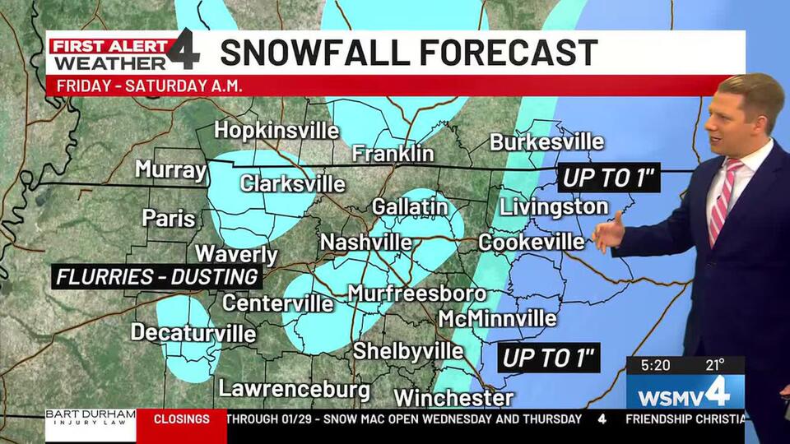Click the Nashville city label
pos(365,243)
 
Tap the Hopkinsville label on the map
pos(276,131)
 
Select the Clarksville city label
pos(292,183)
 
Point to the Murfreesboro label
pos(416,294)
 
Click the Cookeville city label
pos(531,243)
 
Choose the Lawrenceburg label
pos(294,389)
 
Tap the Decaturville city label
pos(193,333)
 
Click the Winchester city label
pos(453,398)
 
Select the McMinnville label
pos(497,318)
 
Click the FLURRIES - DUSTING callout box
pos(157,277)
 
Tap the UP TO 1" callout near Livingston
pos(609,177)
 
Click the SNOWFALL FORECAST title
pos(409,53)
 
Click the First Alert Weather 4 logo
pos(123,53)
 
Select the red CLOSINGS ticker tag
pos(181,419)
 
